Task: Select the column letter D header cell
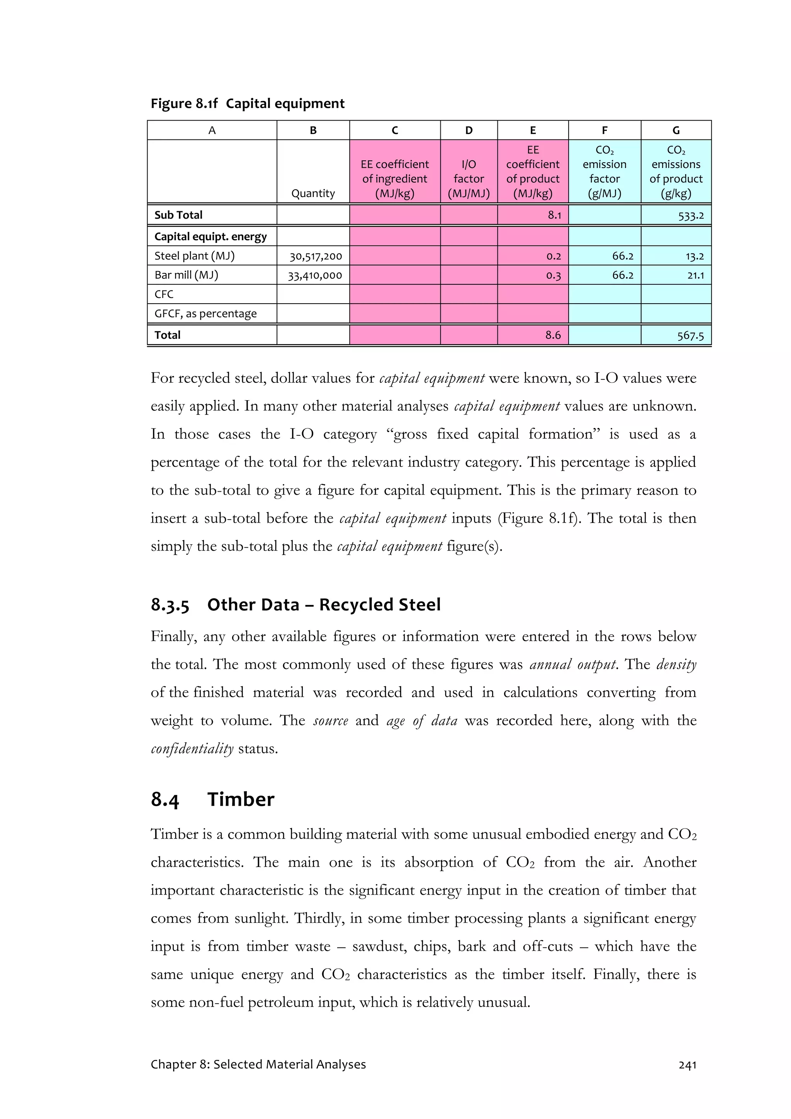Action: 468,130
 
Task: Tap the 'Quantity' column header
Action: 313,193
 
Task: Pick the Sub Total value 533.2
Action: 691,216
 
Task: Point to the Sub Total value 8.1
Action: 554,215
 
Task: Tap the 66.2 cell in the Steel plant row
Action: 622,256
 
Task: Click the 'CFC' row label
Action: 164,294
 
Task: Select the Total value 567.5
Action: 690,335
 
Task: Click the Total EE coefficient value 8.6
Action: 553,335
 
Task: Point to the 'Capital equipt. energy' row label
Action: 210,236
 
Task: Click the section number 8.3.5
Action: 170,605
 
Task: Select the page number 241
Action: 687,1065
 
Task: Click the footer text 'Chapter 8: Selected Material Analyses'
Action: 258,1065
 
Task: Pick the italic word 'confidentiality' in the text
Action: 192,749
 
